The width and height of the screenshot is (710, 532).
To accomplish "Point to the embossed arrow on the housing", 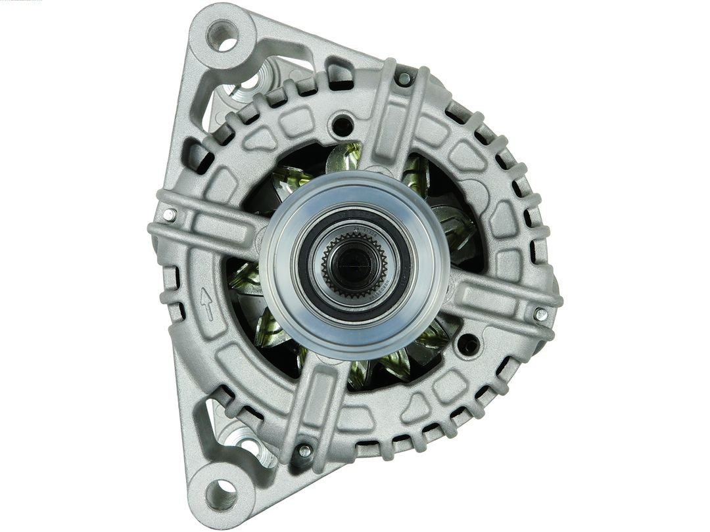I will pyautogui.click(x=207, y=303).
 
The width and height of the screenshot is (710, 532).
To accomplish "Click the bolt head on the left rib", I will pyautogui.click(x=170, y=215).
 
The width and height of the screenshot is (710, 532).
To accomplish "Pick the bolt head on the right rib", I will pyautogui.click(x=540, y=314).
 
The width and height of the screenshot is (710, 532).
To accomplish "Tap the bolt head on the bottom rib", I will pyautogui.click(x=304, y=451).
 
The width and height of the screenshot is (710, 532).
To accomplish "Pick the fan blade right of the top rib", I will pyautogui.click(x=415, y=172).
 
